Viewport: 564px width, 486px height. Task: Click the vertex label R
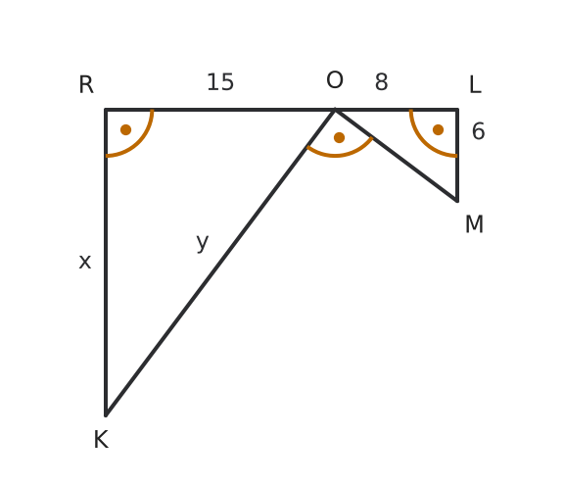pyautogui.click(x=86, y=85)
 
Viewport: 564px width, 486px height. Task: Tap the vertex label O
pyautogui.click(x=335, y=80)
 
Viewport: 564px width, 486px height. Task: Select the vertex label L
pyautogui.click(x=475, y=85)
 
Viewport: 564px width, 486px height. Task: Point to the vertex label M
pyautogui.click(x=474, y=224)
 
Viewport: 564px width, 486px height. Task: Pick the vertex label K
pyautogui.click(x=101, y=440)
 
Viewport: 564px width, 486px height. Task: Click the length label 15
pyautogui.click(x=220, y=82)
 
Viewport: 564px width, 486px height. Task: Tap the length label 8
pyautogui.click(x=381, y=82)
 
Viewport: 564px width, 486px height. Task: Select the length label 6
pyautogui.click(x=479, y=131)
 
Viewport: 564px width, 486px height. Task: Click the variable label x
pyautogui.click(x=85, y=262)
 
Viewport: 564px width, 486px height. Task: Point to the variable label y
pyautogui.click(x=203, y=242)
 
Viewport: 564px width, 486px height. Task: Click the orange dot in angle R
pyautogui.click(x=126, y=129)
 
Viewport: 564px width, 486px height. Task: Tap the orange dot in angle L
pyautogui.click(x=438, y=129)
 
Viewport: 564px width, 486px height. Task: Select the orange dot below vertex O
pyautogui.click(x=339, y=137)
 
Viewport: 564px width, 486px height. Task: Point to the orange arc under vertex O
pyautogui.click(x=336, y=156)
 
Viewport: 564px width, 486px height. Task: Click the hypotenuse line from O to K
pyautogui.click(x=220, y=262)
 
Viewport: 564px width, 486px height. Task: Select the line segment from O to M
pyautogui.click(x=396, y=155)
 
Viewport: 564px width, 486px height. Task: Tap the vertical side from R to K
pyautogui.click(x=106, y=263)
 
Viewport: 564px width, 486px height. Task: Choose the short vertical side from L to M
pyautogui.click(x=457, y=155)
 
